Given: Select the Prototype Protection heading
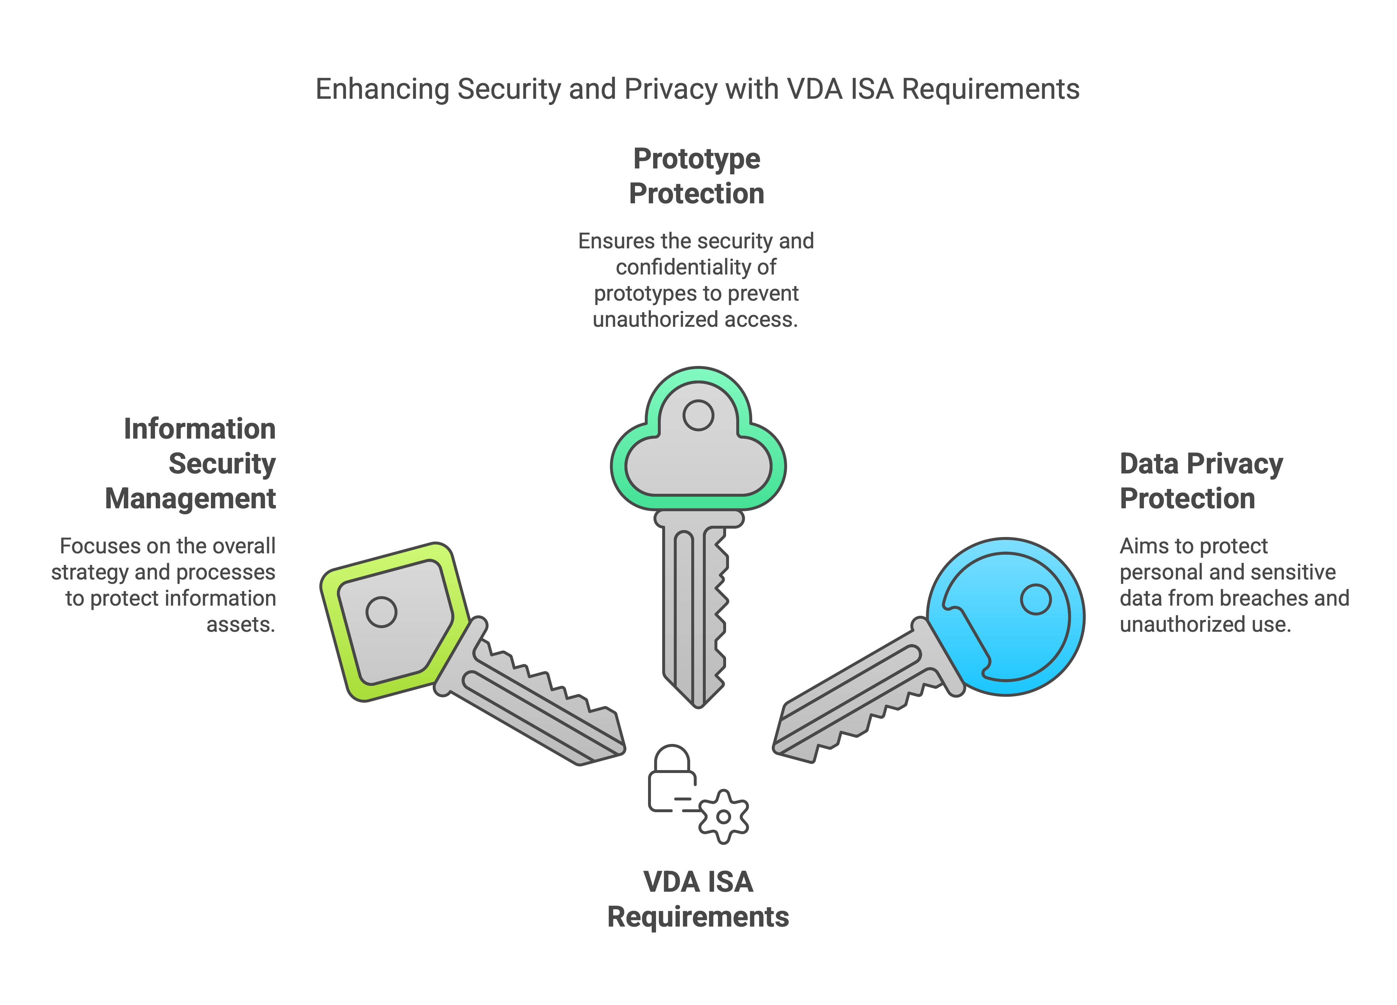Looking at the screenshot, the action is pyautogui.click(x=697, y=176).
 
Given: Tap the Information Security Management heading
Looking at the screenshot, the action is pyautogui.click(x=190, y=463).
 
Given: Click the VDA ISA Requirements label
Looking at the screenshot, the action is pyautogui.click(x=698, y=899).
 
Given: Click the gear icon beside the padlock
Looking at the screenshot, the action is pyautogui.click(x=724, y=817).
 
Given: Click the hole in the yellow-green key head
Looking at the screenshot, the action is pyautogui.click(x=381, y=612).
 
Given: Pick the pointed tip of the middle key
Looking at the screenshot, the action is pyautogui.click(x=698, y=707).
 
